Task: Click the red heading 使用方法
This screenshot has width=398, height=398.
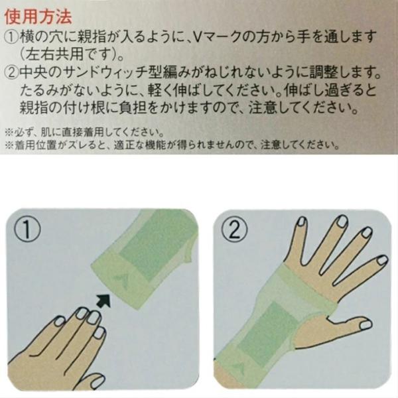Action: [x=38, y=17]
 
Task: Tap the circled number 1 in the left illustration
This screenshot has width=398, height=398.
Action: [x=27, y=230]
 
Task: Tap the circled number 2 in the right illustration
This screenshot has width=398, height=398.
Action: [x=234, y=230]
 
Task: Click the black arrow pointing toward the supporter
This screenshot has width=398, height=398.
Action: [x=104, y=300]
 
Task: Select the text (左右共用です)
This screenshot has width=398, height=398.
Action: [x=72, y=55]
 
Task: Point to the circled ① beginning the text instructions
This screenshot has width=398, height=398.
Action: [x=12, y=37]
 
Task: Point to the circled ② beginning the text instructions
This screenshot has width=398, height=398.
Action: [x=12, y=73]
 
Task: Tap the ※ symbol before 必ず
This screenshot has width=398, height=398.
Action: [x=9, y=132]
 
